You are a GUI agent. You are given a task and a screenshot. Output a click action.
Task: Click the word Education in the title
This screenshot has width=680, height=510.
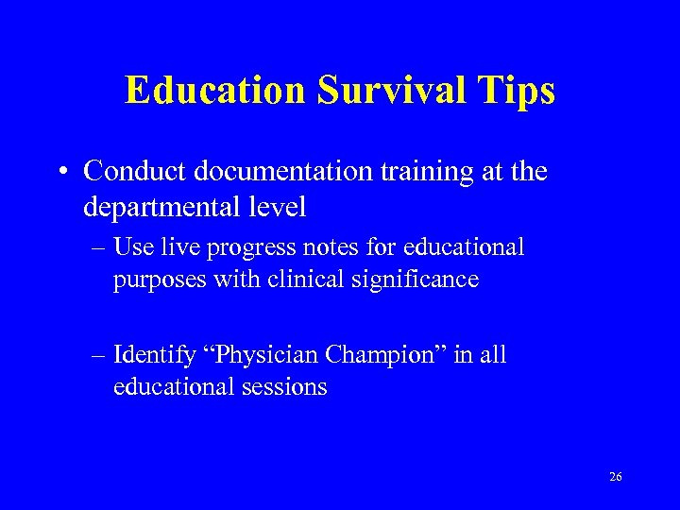coord(215,91)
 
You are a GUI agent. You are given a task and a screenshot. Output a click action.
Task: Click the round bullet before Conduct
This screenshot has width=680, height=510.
coord(61,173)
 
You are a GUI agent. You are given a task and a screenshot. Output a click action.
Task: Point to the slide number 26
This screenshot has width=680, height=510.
coord(616,478)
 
